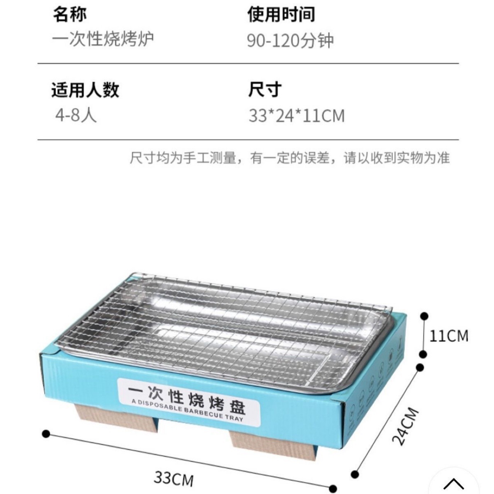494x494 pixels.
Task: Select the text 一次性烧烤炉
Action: point(103,39)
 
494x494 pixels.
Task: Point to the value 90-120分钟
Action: point(290,41)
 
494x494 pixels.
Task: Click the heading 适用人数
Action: point(85,90)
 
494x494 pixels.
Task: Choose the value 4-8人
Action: point(76,115)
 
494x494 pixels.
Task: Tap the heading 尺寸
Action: point(265,90)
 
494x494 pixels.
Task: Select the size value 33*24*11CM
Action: point(296,116)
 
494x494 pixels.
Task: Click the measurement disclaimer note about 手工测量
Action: point(290,158)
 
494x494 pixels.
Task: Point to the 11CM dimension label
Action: point(449,336)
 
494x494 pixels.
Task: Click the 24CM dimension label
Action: point(405,426)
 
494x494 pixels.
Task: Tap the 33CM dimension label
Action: point(174,478)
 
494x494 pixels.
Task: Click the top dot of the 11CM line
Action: point(424,316)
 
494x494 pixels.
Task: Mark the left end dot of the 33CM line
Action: point(46,433)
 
